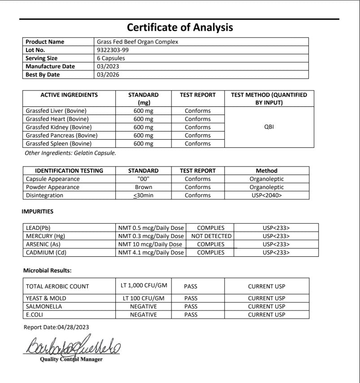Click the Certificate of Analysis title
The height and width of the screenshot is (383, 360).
click(180, 27)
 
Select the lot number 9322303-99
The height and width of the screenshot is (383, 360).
click(112, 50)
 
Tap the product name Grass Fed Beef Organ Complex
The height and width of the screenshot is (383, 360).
click(137, 42)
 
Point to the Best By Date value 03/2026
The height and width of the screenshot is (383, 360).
click(108, 75)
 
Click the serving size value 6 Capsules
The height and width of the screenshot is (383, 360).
click(111, 58)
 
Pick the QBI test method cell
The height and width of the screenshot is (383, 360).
click(269, 127)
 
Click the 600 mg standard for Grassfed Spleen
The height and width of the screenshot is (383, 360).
click(143, 144)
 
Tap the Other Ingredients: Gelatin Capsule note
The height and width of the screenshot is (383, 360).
click(70, 153)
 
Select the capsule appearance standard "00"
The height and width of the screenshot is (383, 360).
click(143, 179)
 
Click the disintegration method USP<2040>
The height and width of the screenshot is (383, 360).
click(267, 195)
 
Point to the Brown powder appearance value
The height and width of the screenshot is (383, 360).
click(143, 187)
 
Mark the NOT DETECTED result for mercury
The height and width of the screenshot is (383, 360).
click(211, 236)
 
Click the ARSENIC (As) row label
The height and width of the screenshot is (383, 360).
click(43, 244)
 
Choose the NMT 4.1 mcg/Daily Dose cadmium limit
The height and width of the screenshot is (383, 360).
click(151, 252)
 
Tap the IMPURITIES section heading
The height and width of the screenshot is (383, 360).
click(37, 211)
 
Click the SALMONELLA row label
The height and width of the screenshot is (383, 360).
click(44, 306)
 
